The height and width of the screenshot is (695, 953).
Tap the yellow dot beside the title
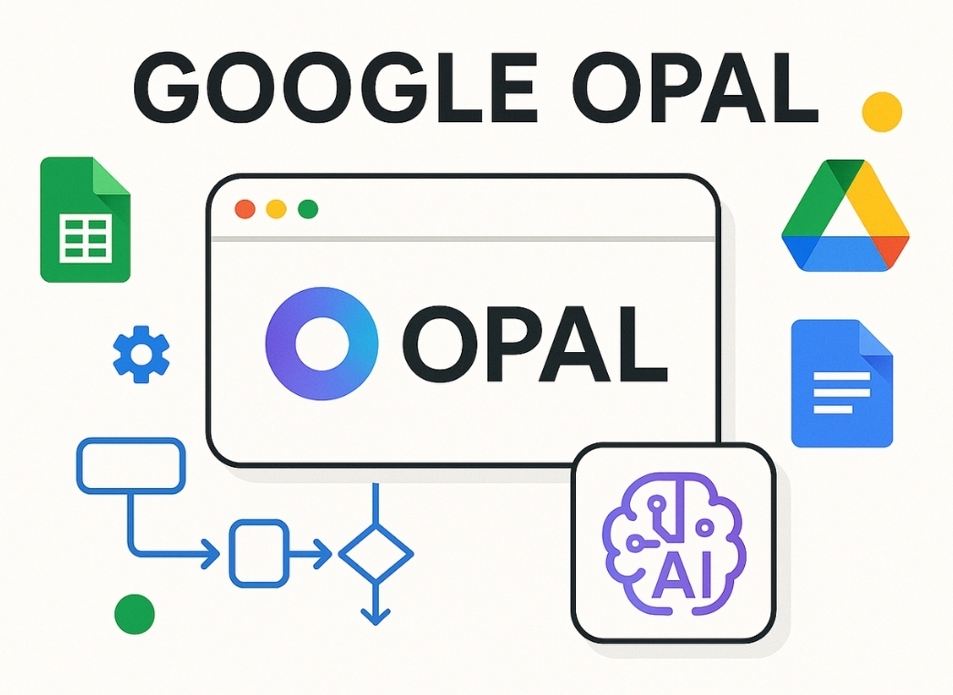(x=882, y=110)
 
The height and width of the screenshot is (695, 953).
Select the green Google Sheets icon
(x=85, y=220)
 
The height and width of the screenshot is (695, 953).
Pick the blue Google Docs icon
(x=841, y=383)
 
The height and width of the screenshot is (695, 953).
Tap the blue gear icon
(x=141, y=354)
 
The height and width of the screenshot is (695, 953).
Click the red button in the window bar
(x=245, y=209)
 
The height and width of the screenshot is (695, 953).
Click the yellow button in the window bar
(x=276, y=209)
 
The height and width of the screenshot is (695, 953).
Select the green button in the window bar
(x=308, y=209)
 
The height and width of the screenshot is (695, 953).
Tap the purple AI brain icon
(x=673, y=544)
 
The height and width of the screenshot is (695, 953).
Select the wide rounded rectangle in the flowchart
(x=131, y=465)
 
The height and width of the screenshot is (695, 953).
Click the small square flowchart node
(x=258, y=553)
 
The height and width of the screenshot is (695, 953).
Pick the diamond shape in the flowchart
(x=375, y=553)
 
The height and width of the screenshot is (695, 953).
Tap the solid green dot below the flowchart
(x=134, y=613)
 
